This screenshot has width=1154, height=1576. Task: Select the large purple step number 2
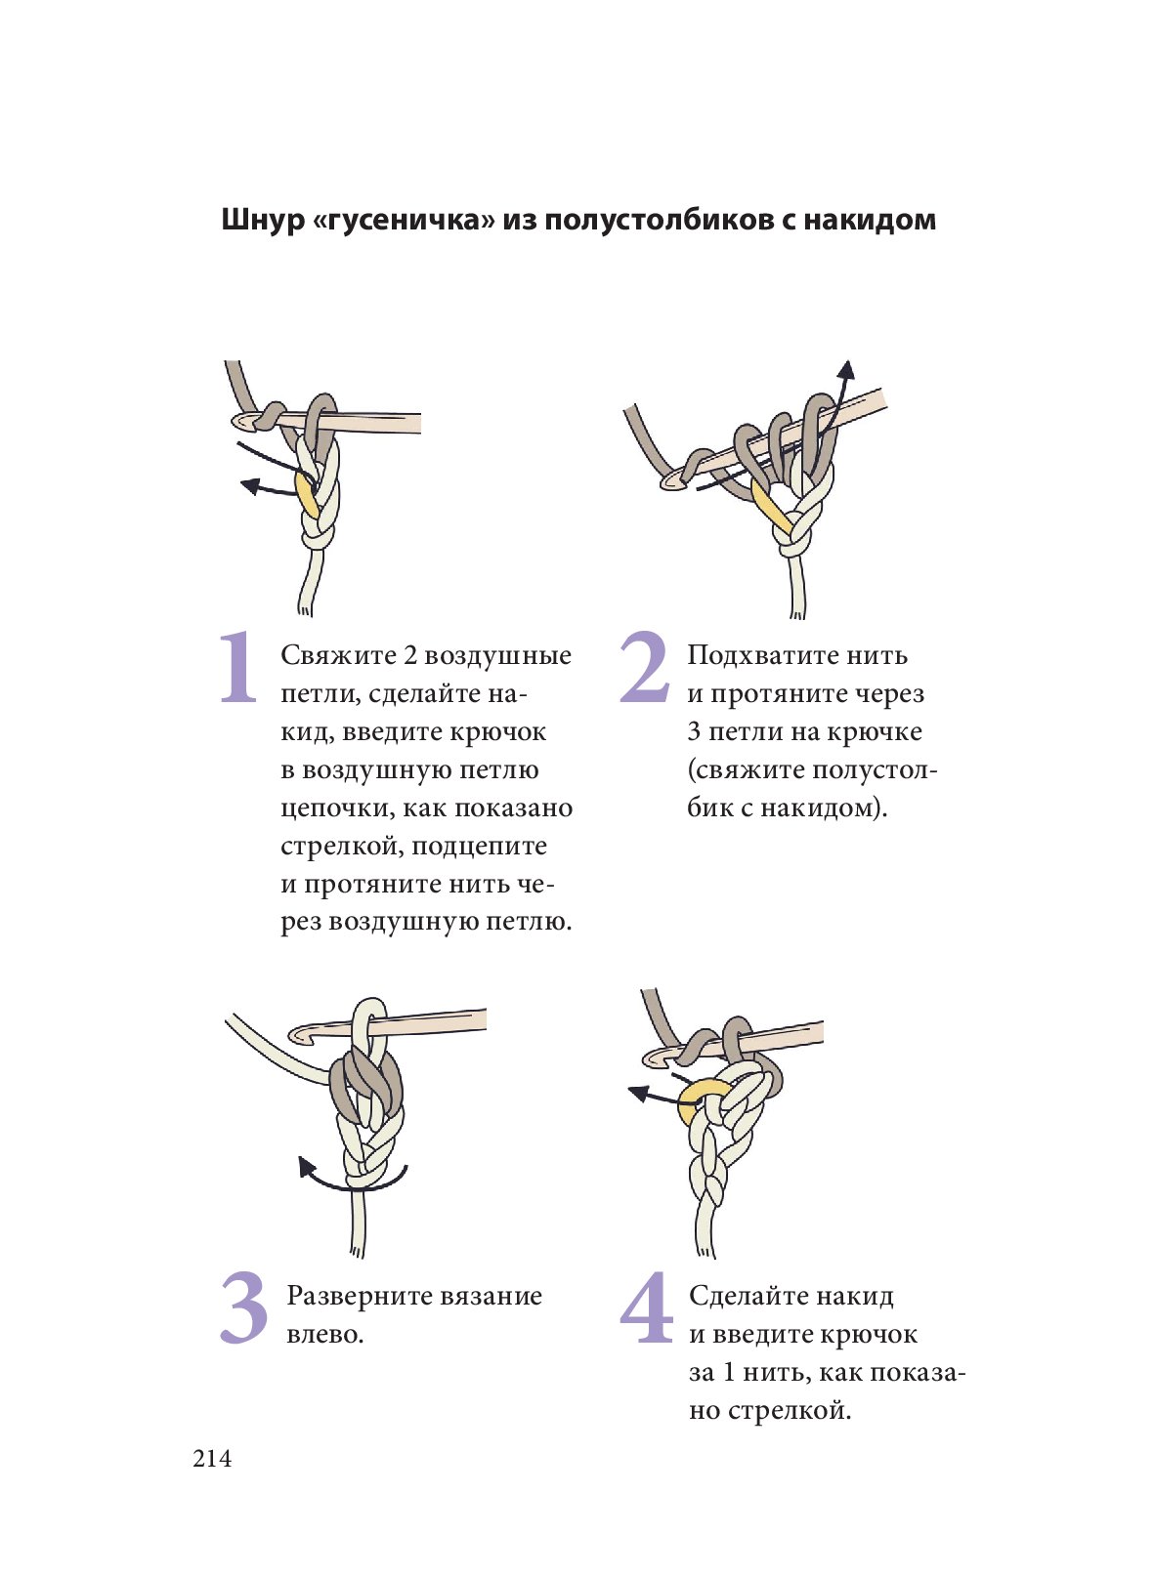pyautogui.click(x=644, y=668)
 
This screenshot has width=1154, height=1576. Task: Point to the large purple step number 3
pyautogui.click(x=243, y=1307)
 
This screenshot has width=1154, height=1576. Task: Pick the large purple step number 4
pyautogui.click(x=646, y=1307)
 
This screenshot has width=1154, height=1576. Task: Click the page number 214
pyautogui.click(x=212, y=1459)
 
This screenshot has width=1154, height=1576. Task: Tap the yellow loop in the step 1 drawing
pyautogui.click(x=306, y=497)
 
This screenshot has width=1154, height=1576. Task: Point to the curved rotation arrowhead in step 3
pyautogui.click(x=306, y=1167)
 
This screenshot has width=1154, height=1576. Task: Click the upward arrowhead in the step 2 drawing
pyautogui.click(x=848, y=371)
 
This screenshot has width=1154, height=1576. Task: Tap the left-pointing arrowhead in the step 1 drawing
pyautogui.click(x=250, y=484)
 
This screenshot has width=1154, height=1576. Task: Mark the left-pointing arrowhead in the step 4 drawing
pyautogui.click(x=638, y=1093)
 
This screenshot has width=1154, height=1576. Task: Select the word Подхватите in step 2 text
pyautogui.click(x=758, y=655)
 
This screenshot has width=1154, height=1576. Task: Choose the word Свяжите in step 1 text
pyautogui.click(x=339, y=656)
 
